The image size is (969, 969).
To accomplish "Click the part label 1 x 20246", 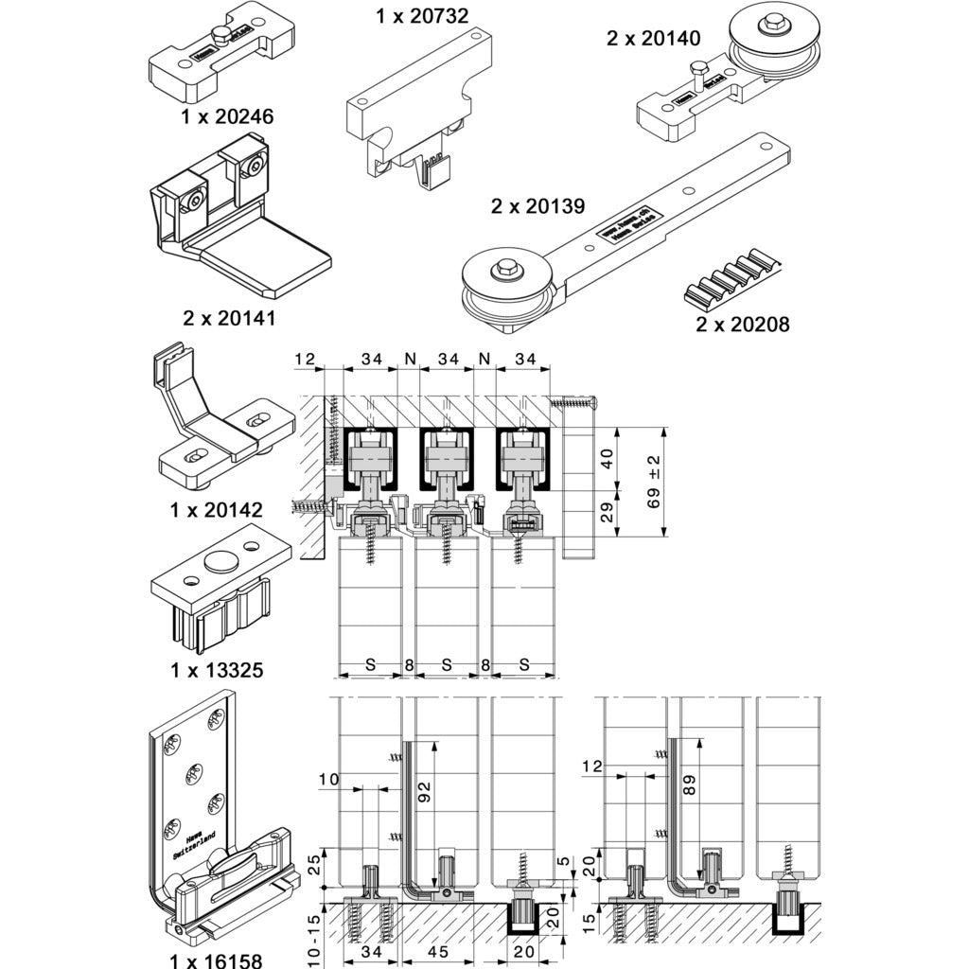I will [x=226, y=117].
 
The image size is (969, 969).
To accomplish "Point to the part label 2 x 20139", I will [x=537, y=205].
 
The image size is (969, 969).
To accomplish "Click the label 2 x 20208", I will [x=742, y=325].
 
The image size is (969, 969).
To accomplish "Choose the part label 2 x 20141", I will [x=229, y=318].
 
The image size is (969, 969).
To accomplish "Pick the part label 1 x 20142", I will [x=217, y=510].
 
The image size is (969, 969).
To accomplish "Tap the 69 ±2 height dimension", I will [x=654, y=482].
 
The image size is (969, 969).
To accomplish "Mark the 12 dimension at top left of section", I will [x=304, y=359].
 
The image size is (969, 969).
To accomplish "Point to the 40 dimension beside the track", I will [x=608, y=458].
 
